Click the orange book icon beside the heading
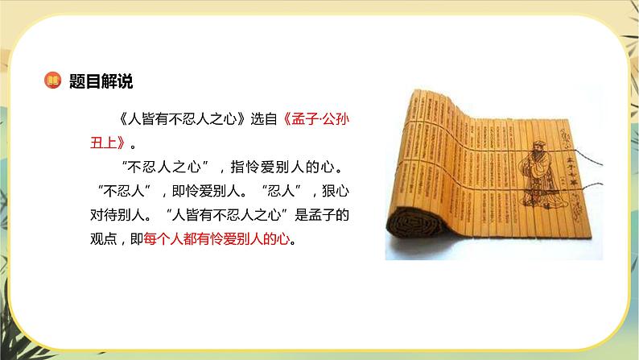52,81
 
